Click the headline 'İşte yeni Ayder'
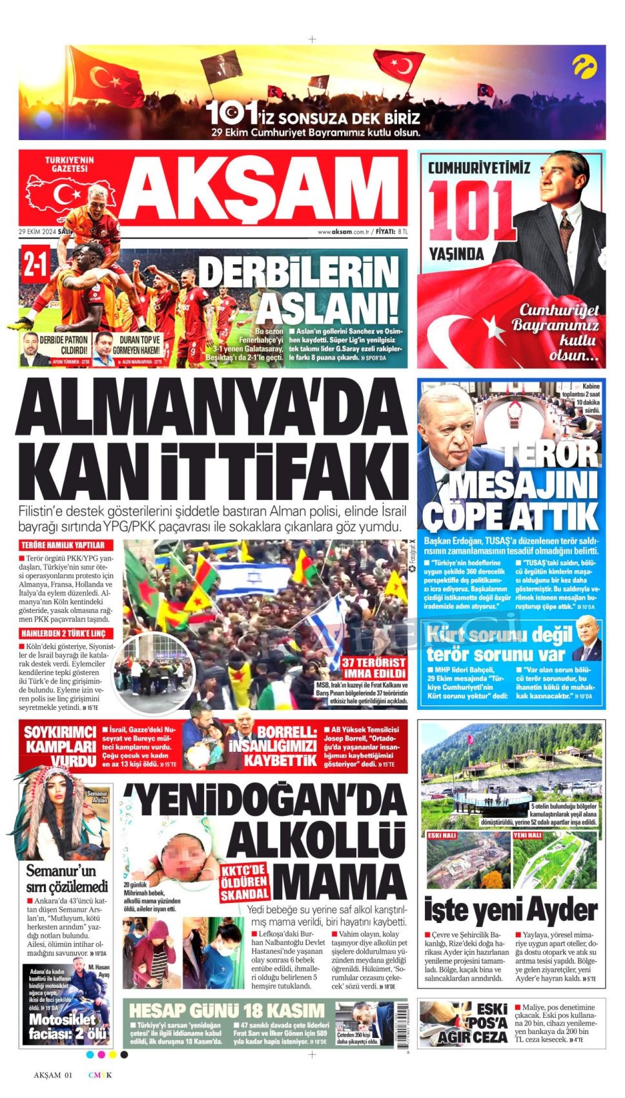(x=510, y=911)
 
